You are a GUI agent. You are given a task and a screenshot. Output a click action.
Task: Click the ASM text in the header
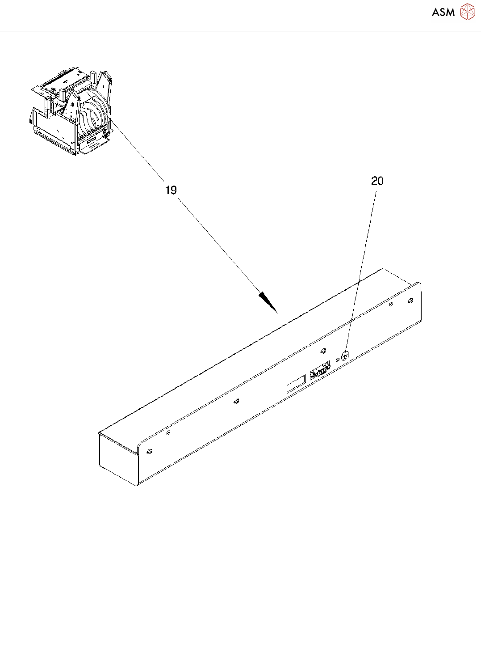pos(443,13)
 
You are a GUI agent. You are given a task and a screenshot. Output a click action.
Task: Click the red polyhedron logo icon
pos(467,12)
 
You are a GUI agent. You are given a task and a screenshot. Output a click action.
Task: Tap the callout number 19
pos(171,191)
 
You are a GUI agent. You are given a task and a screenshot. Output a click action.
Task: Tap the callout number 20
pos(377,181)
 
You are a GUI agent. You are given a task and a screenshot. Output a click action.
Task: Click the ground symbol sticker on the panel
pos(345,356)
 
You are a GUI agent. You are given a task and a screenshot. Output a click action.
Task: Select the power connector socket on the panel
pos(319,372)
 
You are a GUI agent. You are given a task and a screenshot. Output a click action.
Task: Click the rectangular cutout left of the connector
pos(296,384)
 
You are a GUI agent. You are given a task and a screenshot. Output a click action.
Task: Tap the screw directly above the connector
pos(324,351)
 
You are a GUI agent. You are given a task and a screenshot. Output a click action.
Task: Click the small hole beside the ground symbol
pos(337,360)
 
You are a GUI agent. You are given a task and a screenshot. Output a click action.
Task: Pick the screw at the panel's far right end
pos(410,301)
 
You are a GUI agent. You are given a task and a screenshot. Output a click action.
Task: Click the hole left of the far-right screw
pos(391,305)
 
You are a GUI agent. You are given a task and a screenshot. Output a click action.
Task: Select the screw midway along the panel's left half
pos(236,401)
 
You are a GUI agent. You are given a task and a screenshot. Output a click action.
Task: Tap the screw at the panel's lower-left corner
pos(150,451)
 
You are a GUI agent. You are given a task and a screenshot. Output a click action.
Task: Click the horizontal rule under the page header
pos(240,31)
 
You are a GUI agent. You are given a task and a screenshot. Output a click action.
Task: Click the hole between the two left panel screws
pos(168,432)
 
